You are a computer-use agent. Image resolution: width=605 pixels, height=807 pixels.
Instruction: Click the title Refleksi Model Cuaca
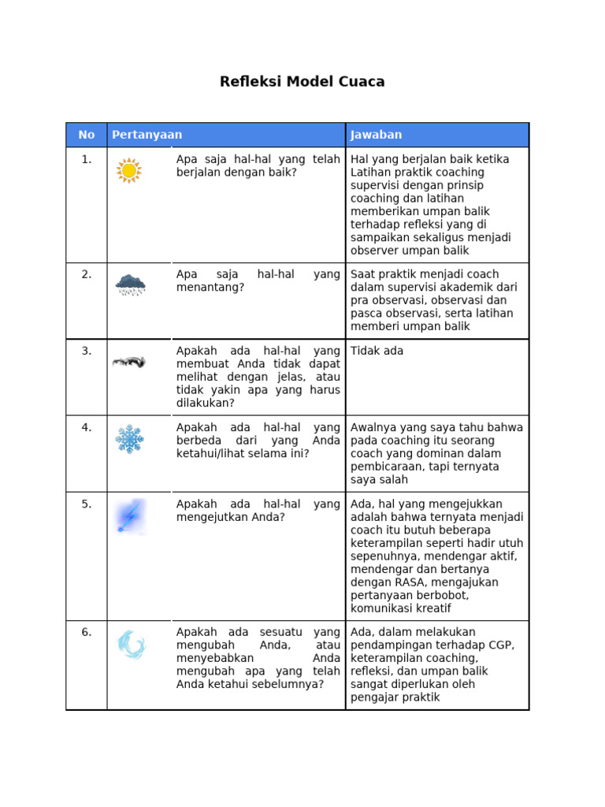click(x=302, y=82)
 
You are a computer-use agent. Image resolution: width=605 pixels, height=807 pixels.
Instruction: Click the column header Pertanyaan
click(x=147, y=135)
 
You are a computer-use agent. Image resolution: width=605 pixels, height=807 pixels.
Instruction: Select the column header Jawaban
click(x=376, y=135)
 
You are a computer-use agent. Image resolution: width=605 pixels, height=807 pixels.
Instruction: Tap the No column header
click(x=87, y=135)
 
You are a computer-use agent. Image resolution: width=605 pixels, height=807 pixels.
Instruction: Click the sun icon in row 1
click(x=129, y=171)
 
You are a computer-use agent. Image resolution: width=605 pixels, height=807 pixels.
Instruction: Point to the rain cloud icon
click(x=130, y=284)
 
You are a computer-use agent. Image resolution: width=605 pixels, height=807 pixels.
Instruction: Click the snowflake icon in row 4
click(x=129, y=439)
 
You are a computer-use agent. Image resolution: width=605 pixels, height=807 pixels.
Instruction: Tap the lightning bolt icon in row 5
click(x=129, y=516)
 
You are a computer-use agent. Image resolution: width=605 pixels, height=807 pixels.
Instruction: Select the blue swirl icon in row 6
click(x=131, y=645)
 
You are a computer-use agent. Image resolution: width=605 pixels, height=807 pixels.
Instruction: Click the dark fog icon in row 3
click(x=129, y=363)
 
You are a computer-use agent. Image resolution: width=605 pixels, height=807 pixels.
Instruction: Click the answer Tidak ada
click(x=377, y=351)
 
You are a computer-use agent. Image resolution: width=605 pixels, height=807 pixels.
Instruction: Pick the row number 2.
click(x=87, y=274)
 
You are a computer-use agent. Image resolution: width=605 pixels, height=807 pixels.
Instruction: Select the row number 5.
click(x=87, y=504)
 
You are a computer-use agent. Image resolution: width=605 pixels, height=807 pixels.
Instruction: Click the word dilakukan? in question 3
click(x=206, y=403)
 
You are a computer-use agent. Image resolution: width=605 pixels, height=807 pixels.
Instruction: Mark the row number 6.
click(x=87, y=632)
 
